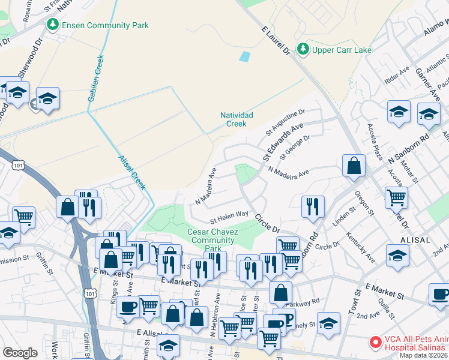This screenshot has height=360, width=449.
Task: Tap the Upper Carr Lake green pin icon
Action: [304, 50]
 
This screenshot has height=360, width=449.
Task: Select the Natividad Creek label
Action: [237, 119]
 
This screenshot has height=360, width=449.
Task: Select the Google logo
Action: [20, 353]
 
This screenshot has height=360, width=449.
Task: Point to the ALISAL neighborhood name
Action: [414, 239]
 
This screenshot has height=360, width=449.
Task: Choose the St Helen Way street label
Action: [229, 214]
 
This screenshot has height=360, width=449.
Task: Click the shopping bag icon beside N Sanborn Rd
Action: [354, 164]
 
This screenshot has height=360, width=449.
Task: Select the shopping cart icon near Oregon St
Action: [396, 197]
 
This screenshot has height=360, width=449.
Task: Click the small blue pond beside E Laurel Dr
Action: [244, 58]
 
